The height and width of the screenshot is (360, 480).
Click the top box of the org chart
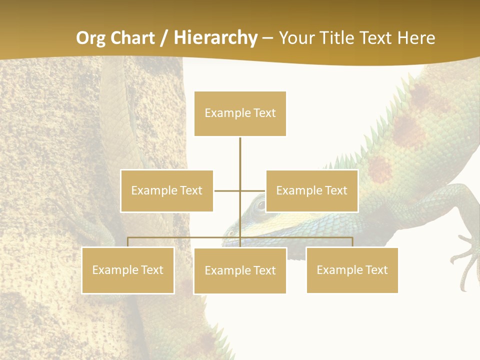pyautogui.click(x=240, y=113)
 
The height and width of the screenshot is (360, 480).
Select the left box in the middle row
pyautogui.click(x=166, y=190)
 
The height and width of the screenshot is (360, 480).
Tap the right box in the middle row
pyautogui.click(x=311, y=190)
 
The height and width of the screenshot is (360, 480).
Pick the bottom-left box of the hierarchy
pyautogui.click(x=127, y=270)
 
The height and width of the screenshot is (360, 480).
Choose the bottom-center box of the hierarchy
pyautogui.click(x=240, y=270)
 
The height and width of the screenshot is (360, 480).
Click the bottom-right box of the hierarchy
pyautogui.click(x=352, y=270)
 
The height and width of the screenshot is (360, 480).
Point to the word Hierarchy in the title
pyautogui.click(x=215, y=38)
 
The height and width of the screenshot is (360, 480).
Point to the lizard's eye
pyautogui.click(x=259, y=204)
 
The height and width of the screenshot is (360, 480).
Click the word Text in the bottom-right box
pyautogui.click(x=376, y=270)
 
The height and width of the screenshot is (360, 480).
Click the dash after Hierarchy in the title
pyautogui.click(x=267, y=38)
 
